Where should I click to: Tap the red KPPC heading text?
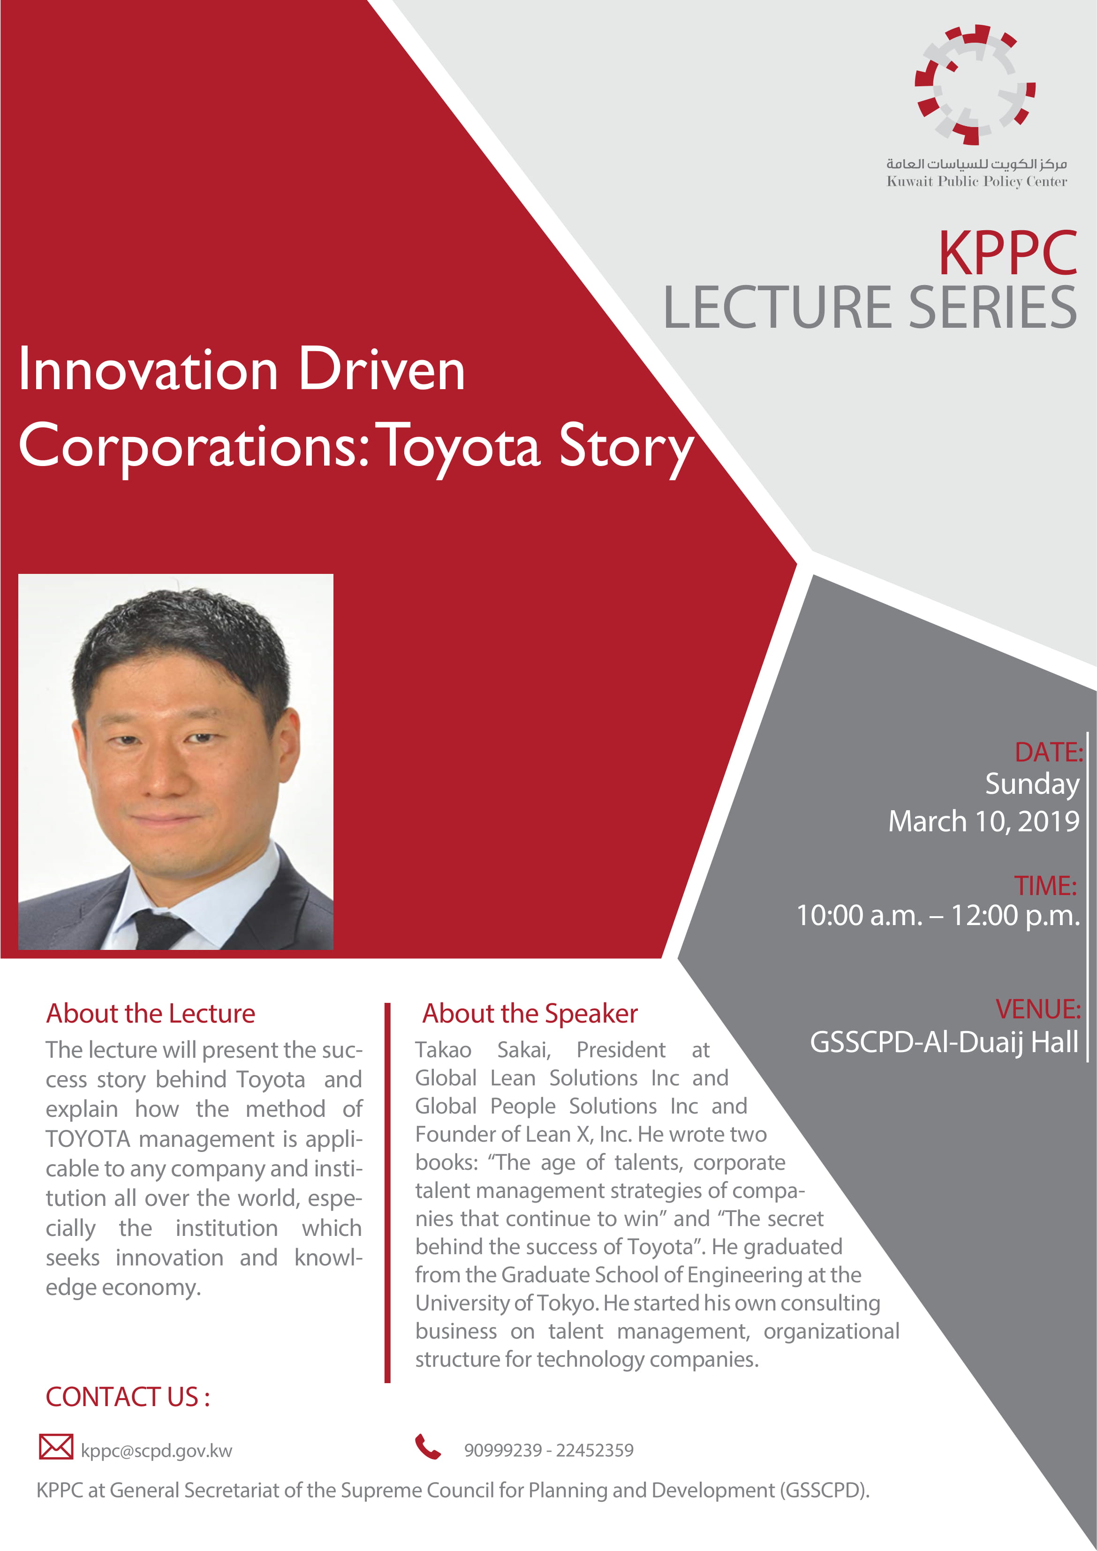click(x=1007, y=253)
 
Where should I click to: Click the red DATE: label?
click(x=1048, y=753)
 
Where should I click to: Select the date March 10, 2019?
click(x=984, y=821)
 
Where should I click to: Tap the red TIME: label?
click(x=1045, y=886)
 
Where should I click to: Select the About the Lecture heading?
click(x=151, y=1013)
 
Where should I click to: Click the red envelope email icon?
click(x=56, y=1446)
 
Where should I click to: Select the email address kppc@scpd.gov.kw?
click(x=156, y=1450)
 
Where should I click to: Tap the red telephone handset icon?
click(x=428, y=1446)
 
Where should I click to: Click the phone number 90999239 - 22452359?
click(x=549, y=1450)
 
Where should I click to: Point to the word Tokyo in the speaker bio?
click(x=567, y=1303)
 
